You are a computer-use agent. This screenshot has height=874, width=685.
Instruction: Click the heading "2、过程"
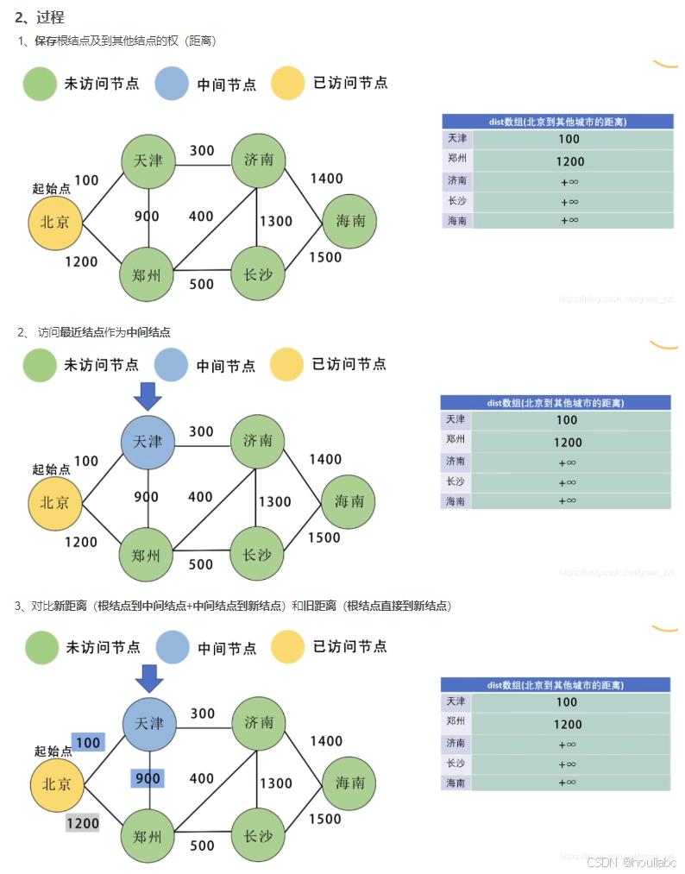(40, 17)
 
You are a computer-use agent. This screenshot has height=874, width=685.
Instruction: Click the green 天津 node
(148, 160)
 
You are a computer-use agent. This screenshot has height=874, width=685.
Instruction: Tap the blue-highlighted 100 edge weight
(88, 742)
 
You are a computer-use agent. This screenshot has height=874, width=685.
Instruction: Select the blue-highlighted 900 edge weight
(148, 778)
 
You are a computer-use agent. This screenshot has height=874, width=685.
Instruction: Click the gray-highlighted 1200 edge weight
(83, 823)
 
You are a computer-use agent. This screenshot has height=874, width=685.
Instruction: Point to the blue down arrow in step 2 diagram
(148, 396)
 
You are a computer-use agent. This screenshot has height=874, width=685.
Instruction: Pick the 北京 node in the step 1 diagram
(56, 222)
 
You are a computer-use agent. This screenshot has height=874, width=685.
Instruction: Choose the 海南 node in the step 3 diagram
(350, 783)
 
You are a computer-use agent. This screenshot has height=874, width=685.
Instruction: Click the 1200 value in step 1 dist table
(570, 161)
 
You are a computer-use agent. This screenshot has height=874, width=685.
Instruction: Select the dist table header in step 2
(556, 403)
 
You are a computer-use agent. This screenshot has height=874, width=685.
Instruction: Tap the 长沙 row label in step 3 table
(456, 764)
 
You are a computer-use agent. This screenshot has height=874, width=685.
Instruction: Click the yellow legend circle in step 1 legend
(287, 84)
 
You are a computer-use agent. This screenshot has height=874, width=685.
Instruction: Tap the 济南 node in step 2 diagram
(258, 441)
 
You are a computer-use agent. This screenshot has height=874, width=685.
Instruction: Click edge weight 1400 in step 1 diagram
(326, 179)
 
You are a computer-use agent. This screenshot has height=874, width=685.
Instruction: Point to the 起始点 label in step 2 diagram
(51, 469)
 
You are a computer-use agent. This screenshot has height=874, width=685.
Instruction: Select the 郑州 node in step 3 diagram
(148, 836)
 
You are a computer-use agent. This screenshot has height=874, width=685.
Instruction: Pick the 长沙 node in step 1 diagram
(258, 275)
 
